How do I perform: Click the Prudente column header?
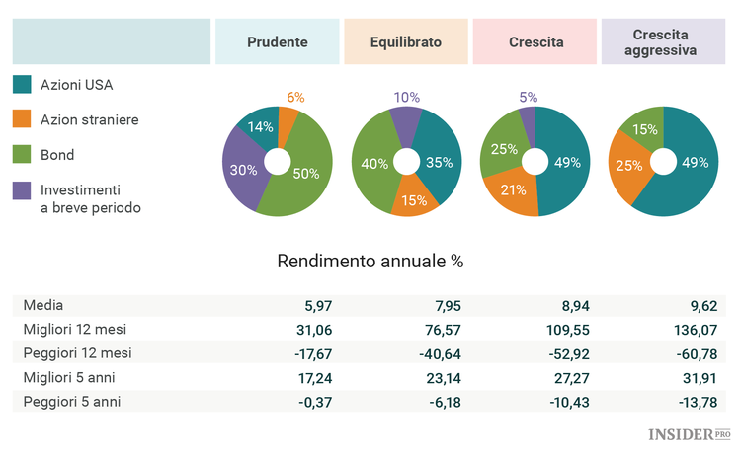[x=277, y=42]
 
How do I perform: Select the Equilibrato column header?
[x=405, y=42]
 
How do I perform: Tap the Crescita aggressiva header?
[x=663, y=42]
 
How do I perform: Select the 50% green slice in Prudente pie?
[x=306, y=173]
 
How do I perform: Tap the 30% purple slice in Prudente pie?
[x=245, y=170]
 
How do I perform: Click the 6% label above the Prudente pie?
[x=295, y=97]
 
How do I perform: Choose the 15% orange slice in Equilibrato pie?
[x=413, y=199]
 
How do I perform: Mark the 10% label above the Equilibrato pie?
[x=406, y=97]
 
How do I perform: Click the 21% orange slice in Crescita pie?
[x=512, y=189]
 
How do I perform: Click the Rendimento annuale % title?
[x=370, y=262]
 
